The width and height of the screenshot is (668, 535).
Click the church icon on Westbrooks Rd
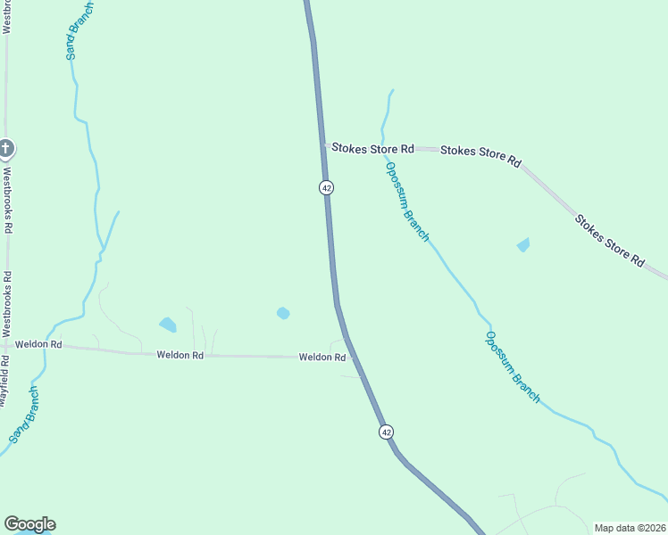[6, 147]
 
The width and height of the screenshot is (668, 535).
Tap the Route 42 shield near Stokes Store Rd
[327, 187]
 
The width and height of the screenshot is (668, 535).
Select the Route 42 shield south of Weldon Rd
[386, 432]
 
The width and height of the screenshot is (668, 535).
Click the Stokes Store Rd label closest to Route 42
[372, 149]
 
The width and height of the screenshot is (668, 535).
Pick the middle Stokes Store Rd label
[480, 156]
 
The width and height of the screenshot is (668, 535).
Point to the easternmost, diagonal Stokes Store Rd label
[609, 240]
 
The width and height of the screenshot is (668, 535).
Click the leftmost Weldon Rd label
[38, 344]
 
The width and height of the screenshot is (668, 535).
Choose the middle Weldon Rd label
[180, 355]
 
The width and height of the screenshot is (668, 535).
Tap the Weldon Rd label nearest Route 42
[322, 358]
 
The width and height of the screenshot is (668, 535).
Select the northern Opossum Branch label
[407, 202]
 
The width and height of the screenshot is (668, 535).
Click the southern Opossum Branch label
[513, 366]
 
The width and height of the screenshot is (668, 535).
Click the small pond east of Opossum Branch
[523, 244]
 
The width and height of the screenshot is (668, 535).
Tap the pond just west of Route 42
[283, 313]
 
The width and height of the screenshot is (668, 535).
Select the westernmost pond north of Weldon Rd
[168, 325]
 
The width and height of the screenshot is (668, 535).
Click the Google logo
[29, 524]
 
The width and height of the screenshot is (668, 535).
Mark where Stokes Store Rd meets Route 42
[324, 147]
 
